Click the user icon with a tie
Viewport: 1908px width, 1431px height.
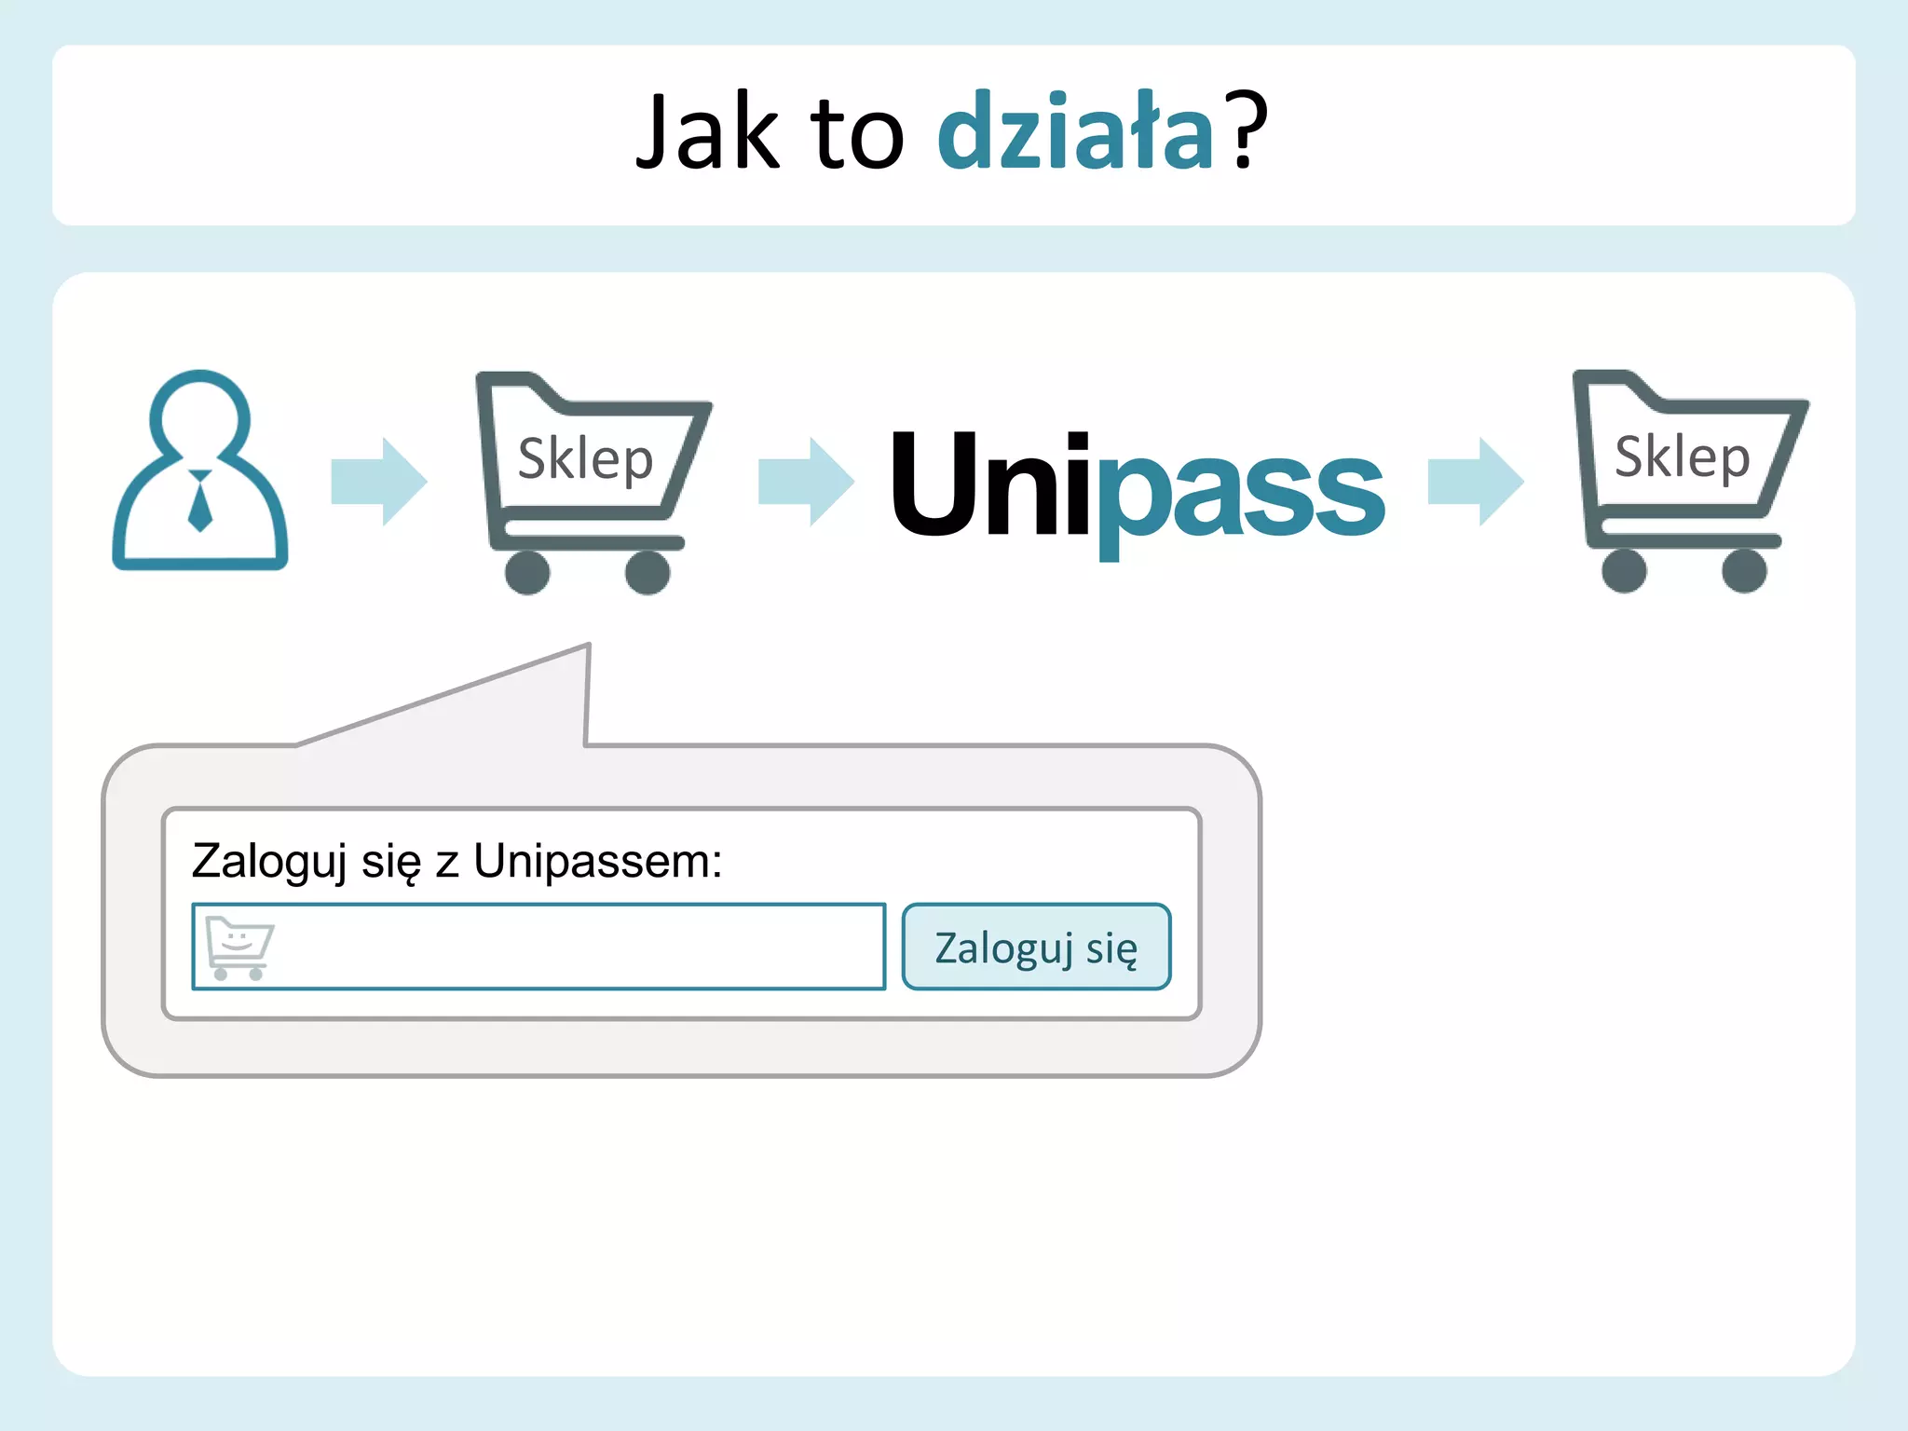pyautogui.click(x=199, y=470)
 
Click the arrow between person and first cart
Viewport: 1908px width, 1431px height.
pyautogui.click(x=379, y=482)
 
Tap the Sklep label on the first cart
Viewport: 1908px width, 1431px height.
pyautogui.click(x=585, y=459)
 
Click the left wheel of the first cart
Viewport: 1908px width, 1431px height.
pyautogui.click(x=527, y=572)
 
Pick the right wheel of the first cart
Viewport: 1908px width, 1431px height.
pyautogui.click(x=647, y=572)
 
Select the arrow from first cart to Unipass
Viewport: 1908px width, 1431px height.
pyautogui.click(x=806, y=482)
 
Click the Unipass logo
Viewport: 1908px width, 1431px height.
pyautogui.click(x=1137, y=484)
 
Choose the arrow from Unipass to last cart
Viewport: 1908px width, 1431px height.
pyautogui.click(x=1476, y=482)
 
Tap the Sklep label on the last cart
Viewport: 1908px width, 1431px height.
pyautogui.click(x=1682, y=457)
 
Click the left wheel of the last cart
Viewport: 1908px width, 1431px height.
pyautogui.click(x=1624, y=570)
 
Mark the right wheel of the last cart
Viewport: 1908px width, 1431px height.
pyautogui.click(x=1744, y=570)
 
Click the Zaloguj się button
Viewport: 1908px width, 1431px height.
pyautogui.click(x=1036, y=947)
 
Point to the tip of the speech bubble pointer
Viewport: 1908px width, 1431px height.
pyautogui.click(x=588, y=646)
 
